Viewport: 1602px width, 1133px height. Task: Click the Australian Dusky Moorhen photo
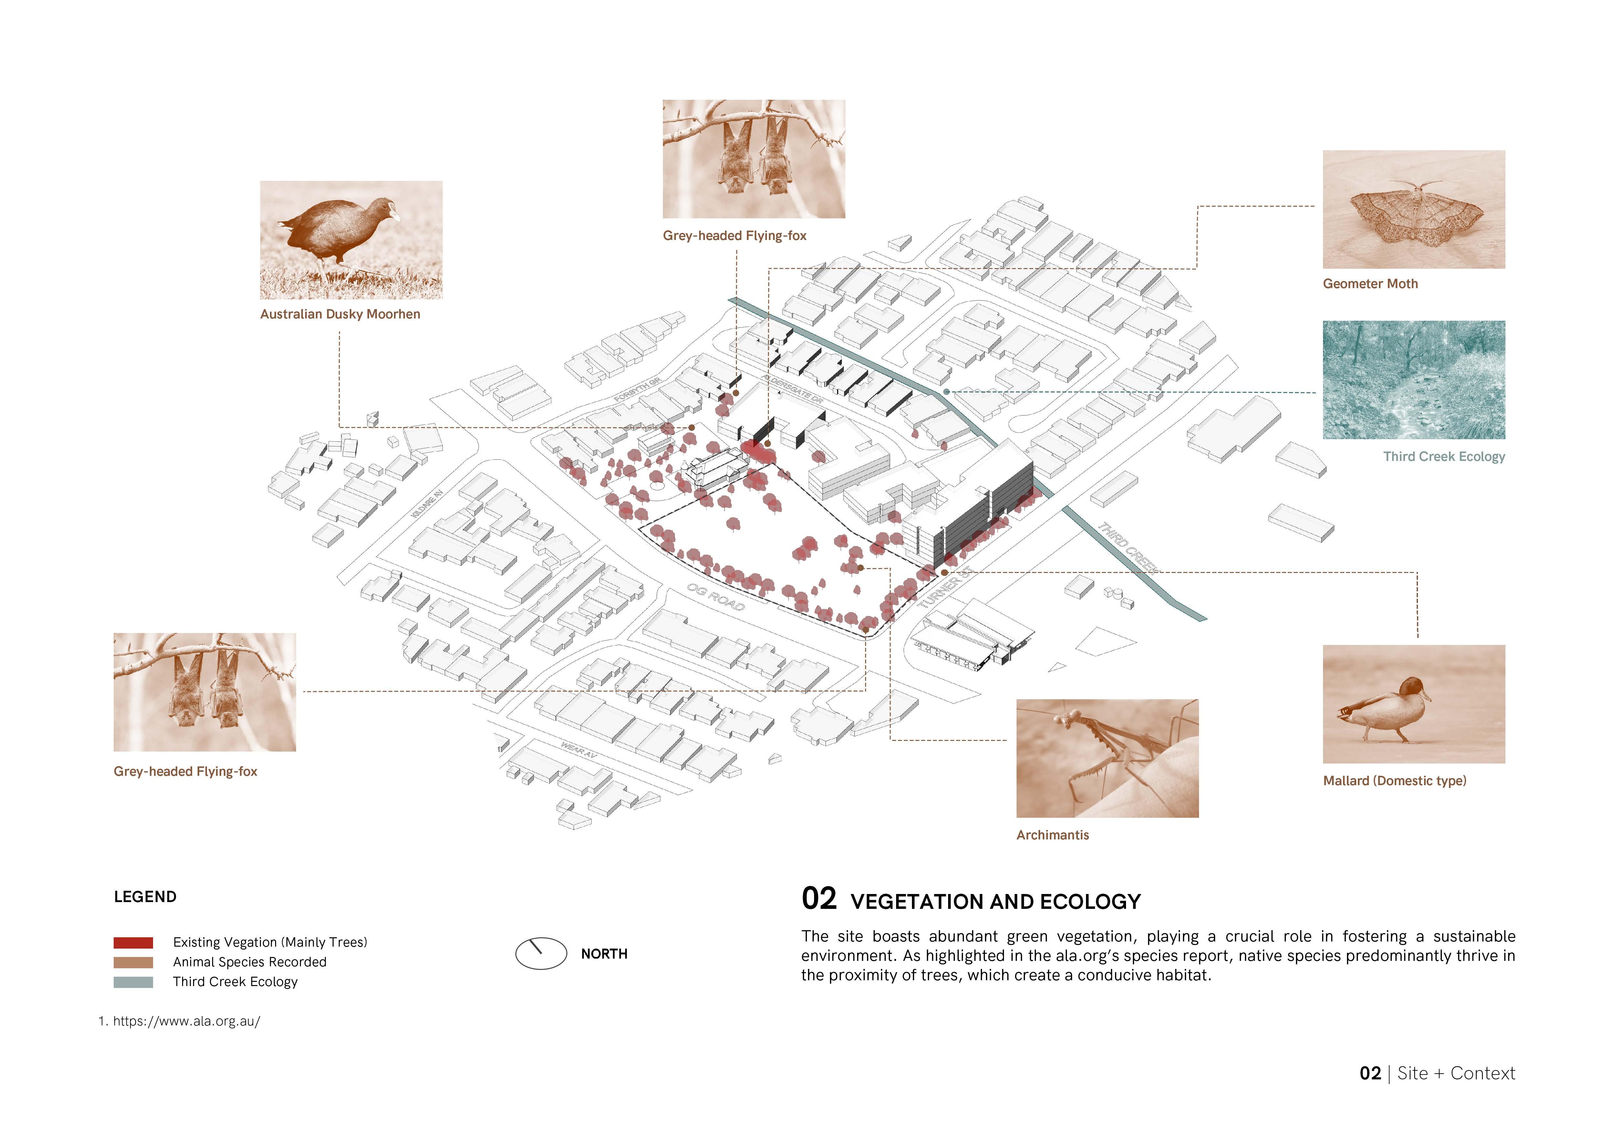point(351,240)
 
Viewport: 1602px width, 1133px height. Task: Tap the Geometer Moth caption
point(1369,284)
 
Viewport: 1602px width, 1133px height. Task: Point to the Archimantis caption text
point(1052,835)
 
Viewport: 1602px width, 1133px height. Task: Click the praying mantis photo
point(1107,758)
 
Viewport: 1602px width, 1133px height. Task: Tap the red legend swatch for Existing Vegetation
point(133,942)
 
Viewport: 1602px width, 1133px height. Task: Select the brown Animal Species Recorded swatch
point(133,962)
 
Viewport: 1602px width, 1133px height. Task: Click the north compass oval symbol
point(541,953)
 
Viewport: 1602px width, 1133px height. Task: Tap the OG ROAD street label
point(716,597)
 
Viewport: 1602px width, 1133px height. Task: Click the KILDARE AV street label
point(427,503)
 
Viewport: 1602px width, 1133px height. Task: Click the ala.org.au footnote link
point(186,1021)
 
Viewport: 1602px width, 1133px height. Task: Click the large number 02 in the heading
point(819,899)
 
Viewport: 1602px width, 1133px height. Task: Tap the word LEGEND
point(145,897)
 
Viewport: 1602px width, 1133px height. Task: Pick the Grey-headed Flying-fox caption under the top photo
point(734,236)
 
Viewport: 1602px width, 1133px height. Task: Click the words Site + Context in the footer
point(1456,1074)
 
